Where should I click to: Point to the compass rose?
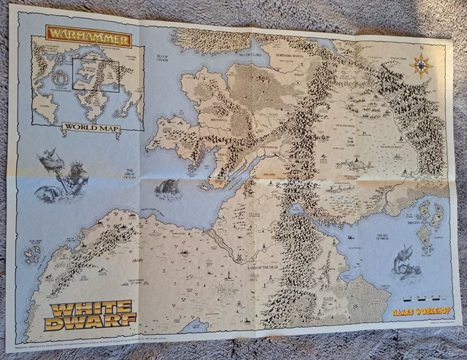click(421, 66)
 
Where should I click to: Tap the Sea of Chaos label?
click(161, 58)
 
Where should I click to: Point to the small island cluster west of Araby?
click(32, 252)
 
